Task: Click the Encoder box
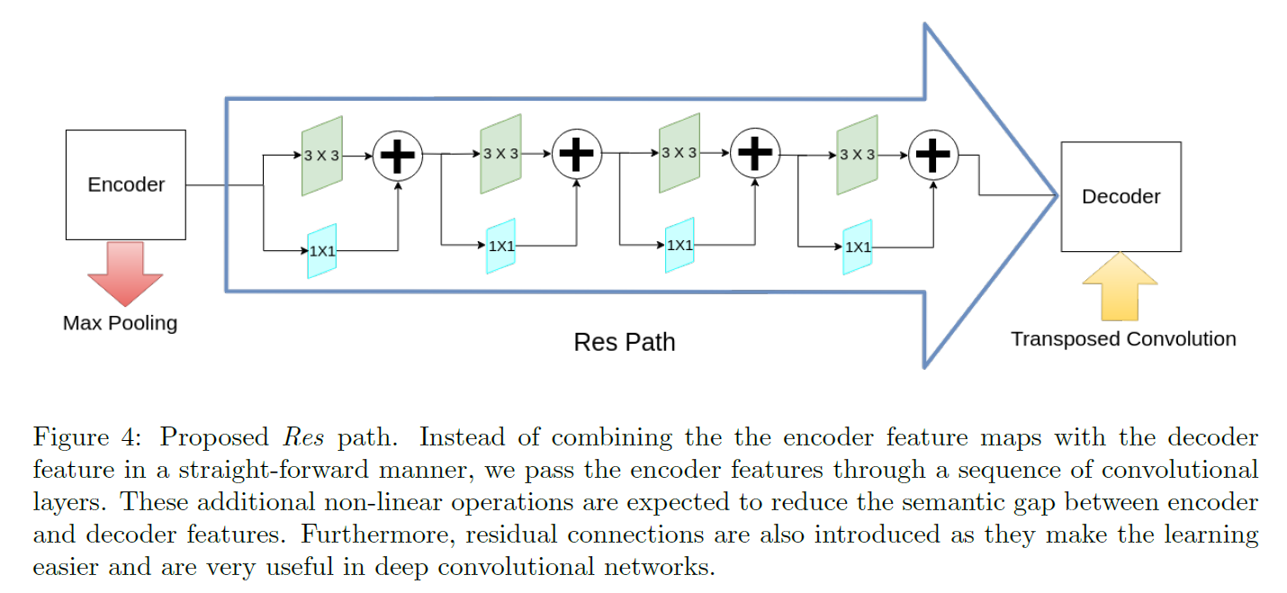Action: click(x=126, y=184)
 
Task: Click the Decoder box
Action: click(x=1120, y=196)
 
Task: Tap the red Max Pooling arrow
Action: click(x=124, y=274)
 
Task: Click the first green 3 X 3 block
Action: click(x=322, y=155)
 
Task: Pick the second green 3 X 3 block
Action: click(x=501, y=153)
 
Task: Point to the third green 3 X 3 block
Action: click(x=679, y=152)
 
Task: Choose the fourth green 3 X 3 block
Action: click(x=857, y=154)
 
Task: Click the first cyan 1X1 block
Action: click(x=322, y=251)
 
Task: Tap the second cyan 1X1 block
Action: click(x=501, y=246)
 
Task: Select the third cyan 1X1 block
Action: click(x=679, y=245)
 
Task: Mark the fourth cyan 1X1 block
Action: click(x=858, y=247)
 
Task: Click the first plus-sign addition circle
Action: click(x=398, y=155)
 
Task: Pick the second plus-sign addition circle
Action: click(x=576, y=154)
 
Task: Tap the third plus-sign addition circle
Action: click(x=754, y=153)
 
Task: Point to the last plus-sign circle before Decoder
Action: click(x=932, y=154)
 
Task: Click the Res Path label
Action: click(x=625, y=342)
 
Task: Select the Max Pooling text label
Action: click(x=120, y=323)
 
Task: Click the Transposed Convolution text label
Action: click(x=1122, y=339)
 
